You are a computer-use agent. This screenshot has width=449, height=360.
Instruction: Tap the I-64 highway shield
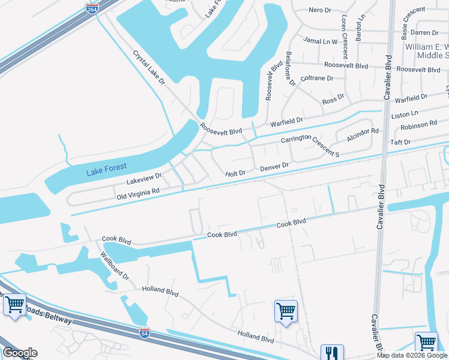pos(145,331)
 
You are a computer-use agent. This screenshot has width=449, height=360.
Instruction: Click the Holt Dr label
pos(236,173)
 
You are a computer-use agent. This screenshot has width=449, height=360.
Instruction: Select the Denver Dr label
pos(275,166)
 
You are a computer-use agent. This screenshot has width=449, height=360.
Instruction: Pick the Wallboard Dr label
pos(114,265)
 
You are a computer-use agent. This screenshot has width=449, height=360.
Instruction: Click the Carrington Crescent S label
pos(312,145)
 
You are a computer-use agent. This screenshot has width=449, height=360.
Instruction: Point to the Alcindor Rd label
pos(363,135)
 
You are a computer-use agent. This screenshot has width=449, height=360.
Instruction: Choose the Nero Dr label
pos(320,10)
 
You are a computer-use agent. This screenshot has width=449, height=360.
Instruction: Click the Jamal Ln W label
pos(321,42)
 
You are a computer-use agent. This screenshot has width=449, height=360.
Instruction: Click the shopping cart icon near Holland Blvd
pos(286,311)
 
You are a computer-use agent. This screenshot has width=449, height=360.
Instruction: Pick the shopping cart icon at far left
pos(14,304)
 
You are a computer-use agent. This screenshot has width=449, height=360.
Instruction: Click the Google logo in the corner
pos(20,353)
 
